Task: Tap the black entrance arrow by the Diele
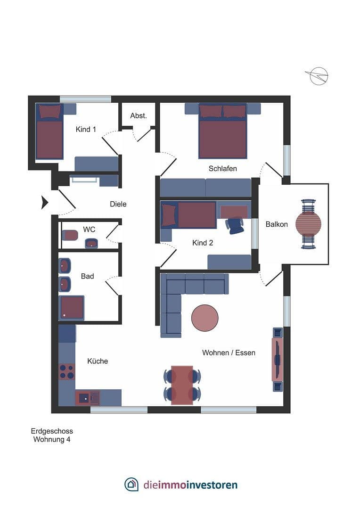coord(45,202)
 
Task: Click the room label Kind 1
coord(86,129)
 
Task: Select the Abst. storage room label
coord(139,115)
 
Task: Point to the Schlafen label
coord(222,168)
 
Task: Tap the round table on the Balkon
coord(308,224)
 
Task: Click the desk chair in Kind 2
coord(235,225)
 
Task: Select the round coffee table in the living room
coord(205,318)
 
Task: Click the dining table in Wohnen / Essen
coord(182,385)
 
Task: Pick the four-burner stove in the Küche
coord(66,371)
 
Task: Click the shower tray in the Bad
coord(72,308)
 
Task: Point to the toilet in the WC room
coord(70,235)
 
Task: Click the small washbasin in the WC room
coord(91,243)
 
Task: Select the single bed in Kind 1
coord(49,133)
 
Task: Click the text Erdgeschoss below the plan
coord(52,431)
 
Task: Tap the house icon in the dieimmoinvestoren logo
coord(131,484)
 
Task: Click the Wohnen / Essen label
coord(229,353)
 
